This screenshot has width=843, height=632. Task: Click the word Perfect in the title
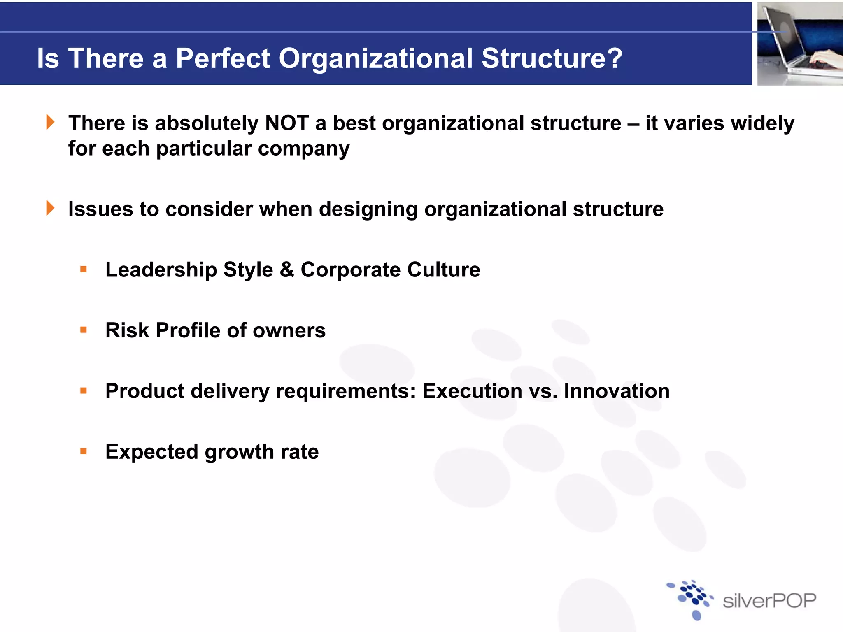click(x=223, y=58)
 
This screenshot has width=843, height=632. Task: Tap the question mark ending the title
click(x=614, y=58)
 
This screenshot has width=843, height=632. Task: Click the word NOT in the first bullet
click(x=287, y=123)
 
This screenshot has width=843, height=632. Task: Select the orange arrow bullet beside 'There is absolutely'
click(x=50, y=122)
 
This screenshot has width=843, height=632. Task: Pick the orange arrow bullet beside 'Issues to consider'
click(x=50, y=208)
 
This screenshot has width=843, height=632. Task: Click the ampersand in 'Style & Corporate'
click(x=287, y=270)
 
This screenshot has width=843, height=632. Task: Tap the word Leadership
click(x=161, y=270)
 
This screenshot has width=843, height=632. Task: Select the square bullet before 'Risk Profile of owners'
click(x=84, y=330)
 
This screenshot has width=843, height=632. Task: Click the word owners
click(x=289, y=330)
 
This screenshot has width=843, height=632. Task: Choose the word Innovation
click(x=616, y=391)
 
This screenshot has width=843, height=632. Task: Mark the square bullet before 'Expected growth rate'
click(x=84, y=451)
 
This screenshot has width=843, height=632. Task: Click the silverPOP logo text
click(x=769, y=601)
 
